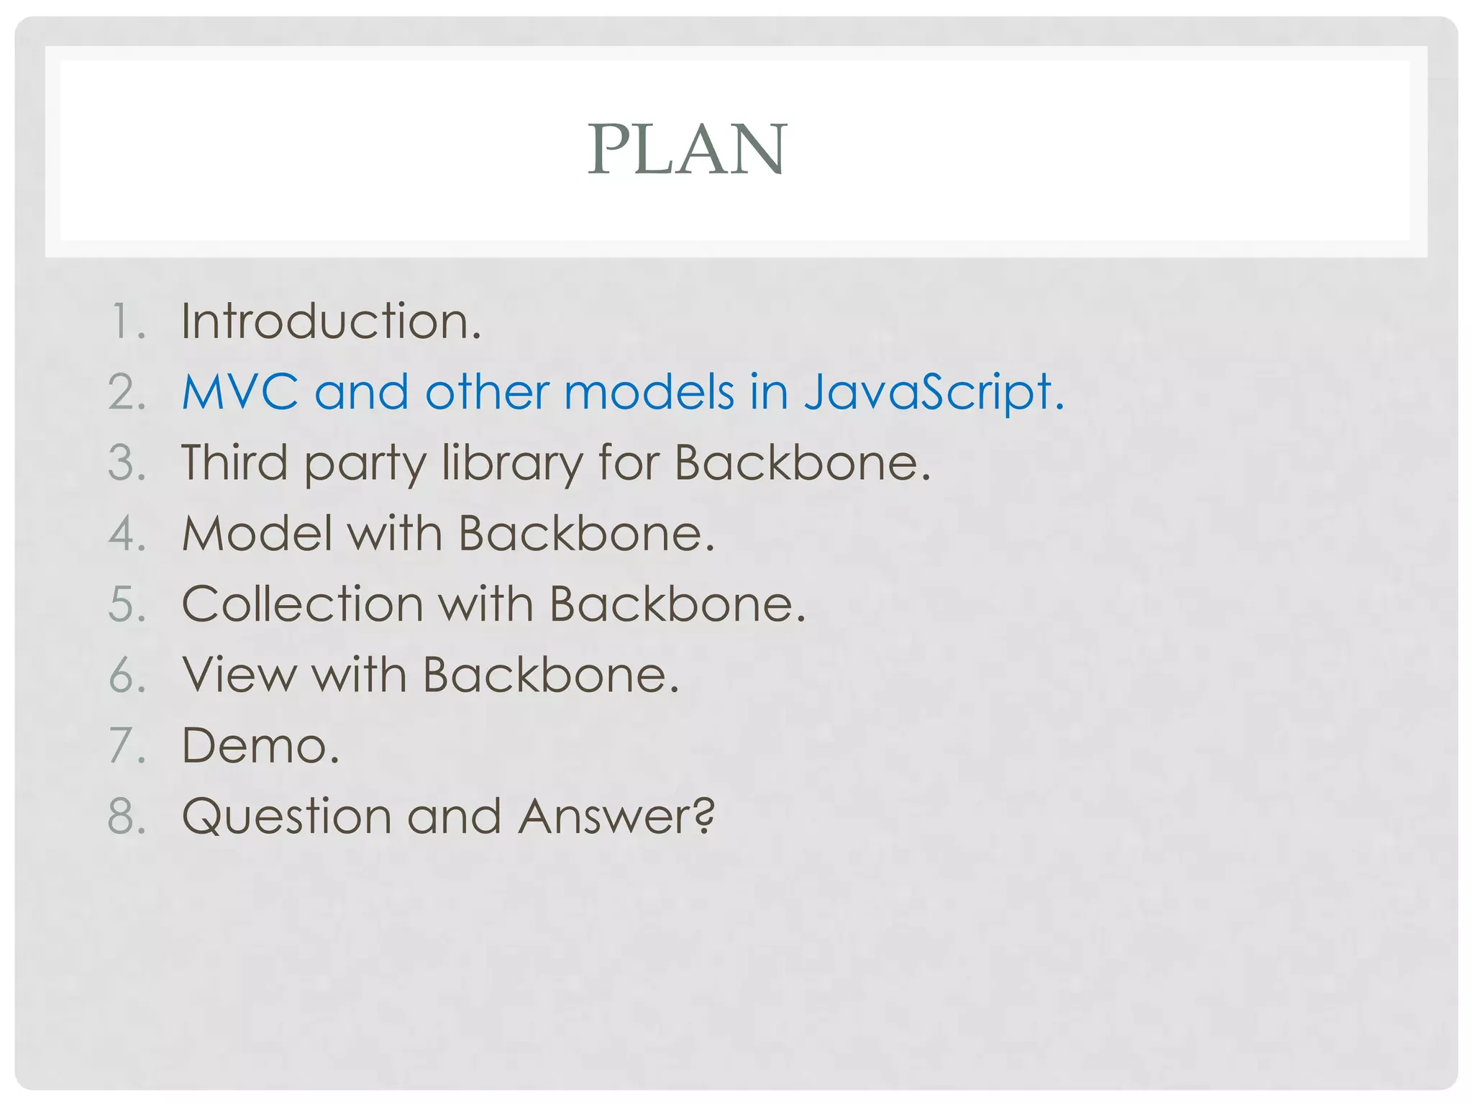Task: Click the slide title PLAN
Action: pos(688,149)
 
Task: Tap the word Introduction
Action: pos(331,321)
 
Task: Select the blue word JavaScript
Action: pos(933,392)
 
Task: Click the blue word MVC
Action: pos(240,392)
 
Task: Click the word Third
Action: pos(234,463)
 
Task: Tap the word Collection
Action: pos(302,604)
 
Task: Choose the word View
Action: pos(239,675)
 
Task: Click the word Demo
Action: pos(260,745)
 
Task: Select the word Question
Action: pos(286,817)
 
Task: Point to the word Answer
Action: pos(616,817)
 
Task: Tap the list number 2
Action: pos(127,392)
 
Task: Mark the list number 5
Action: pos(127,604)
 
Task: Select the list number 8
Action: pos(127,817)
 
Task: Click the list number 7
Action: pos(127,745)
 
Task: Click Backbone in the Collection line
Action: pos(677,604)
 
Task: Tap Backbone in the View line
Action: pos(550,675)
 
